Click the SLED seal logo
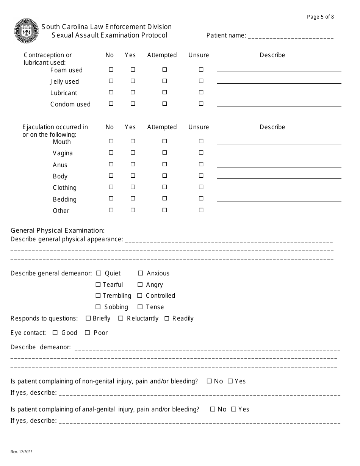[27, 31]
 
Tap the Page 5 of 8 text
[320, 17]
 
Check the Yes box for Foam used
[133, 70]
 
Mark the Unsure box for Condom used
[201, 104]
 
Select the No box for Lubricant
[111, 92]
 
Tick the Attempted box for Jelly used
[164, 81]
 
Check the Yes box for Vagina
[133, 153]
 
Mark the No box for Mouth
[111, 141]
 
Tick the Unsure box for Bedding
[201, 199]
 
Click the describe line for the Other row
[279, 212]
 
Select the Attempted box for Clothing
[164, 187]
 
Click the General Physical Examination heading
[58, 230]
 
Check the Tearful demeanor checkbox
[98, 285]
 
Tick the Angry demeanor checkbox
[140, 285]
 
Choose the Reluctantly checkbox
[121, 319]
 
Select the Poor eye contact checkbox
[88, 333]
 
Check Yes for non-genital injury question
[230, 382]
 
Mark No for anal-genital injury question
[213, 409]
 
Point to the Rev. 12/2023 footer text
[22, 452]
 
